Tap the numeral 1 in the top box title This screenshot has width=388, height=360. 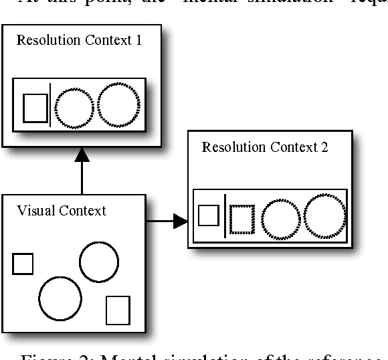click(138, 40)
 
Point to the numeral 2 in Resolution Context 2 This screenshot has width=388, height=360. click(324, 147)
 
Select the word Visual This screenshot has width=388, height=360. click(35, 211)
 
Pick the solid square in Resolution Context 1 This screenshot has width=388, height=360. click(35, 108)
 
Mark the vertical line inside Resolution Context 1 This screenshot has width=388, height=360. click(50, 106)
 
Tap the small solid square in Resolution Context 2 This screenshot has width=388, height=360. click(209, 215)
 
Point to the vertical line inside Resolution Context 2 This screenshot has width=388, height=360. click(225, 215)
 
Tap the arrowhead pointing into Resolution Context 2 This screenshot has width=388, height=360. click(181, 221)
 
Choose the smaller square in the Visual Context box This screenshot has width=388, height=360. click(23, 264)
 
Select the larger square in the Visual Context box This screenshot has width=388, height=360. click(118, 310)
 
